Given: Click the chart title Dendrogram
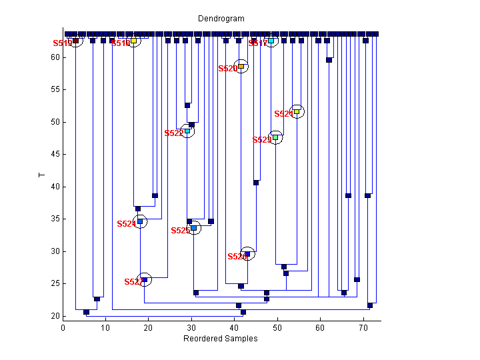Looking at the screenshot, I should [221, 19].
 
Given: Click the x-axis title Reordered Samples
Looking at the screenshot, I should [221, 339].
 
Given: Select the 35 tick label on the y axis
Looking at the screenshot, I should [55, 219].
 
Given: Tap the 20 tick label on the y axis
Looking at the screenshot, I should [55, 316].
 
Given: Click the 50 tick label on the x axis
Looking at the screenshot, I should [277, 328].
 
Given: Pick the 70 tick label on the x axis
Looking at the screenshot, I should [363, 328].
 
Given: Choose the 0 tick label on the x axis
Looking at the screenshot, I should [63, 328].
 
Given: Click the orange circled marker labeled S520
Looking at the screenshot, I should [241, 66].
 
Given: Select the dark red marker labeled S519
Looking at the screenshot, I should [75, 41].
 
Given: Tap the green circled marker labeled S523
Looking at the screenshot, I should [275, 137].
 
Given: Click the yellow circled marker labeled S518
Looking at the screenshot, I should [133, 41].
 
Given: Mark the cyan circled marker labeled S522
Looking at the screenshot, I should [187, 131].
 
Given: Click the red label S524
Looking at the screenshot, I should [126, 224].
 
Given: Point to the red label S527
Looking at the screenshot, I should [133, 282].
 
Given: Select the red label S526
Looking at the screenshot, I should [237, 257].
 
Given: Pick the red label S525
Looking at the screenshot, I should [180, 231].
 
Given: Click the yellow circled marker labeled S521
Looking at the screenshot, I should [297, 112].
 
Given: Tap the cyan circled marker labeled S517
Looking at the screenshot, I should [271, 41].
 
